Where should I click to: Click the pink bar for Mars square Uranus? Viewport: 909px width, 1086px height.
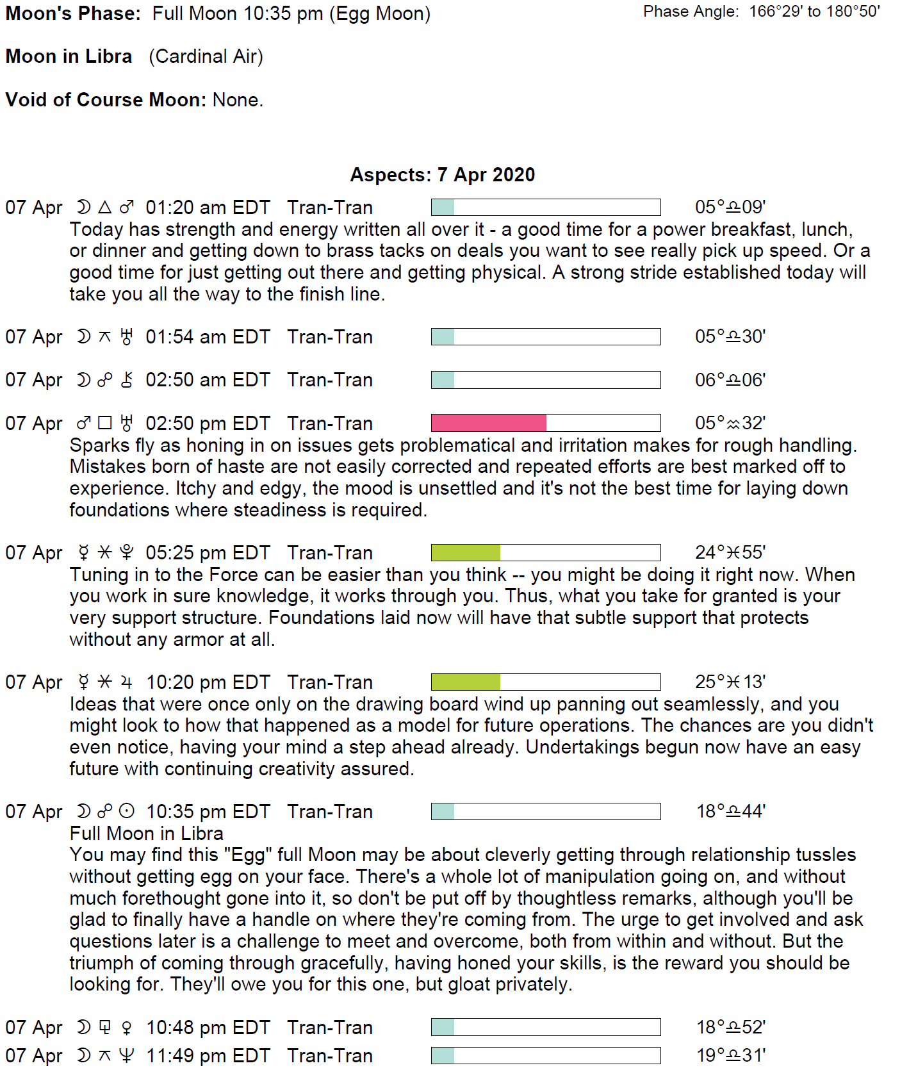[488, 423]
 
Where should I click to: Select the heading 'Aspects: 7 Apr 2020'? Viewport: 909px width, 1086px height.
[442, 175]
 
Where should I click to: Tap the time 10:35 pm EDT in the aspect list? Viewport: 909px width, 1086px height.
[208, 812]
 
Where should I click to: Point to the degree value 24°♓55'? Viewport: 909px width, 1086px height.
[730, 552]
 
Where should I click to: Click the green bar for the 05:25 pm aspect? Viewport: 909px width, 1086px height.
[466, 552]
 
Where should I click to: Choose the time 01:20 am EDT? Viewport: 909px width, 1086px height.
[208, 208]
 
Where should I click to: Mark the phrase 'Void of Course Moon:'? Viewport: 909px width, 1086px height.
[106, 100]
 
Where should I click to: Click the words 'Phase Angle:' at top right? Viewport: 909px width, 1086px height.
[691, 12]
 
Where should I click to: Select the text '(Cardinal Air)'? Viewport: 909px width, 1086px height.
[206, 56]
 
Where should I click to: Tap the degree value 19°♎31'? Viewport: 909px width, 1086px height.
[731, 1055]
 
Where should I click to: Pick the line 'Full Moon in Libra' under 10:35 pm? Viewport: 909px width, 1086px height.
[147, 834]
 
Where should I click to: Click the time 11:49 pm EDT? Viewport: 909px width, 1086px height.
[208, 1055]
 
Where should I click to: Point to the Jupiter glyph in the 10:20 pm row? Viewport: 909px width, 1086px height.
[127, 682]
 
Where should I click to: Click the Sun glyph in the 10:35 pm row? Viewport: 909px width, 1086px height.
[127, 812]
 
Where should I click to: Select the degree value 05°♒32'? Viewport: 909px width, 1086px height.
[730, 423]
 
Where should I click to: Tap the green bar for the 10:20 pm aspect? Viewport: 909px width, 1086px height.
[466, 682]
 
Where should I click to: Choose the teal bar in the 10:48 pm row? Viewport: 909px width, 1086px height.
[443, 1027]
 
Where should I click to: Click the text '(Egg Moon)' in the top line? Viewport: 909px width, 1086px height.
[380, 13]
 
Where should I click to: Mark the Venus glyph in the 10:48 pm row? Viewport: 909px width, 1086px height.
[127, 1028]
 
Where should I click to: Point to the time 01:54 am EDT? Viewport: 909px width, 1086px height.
[208, 337]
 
